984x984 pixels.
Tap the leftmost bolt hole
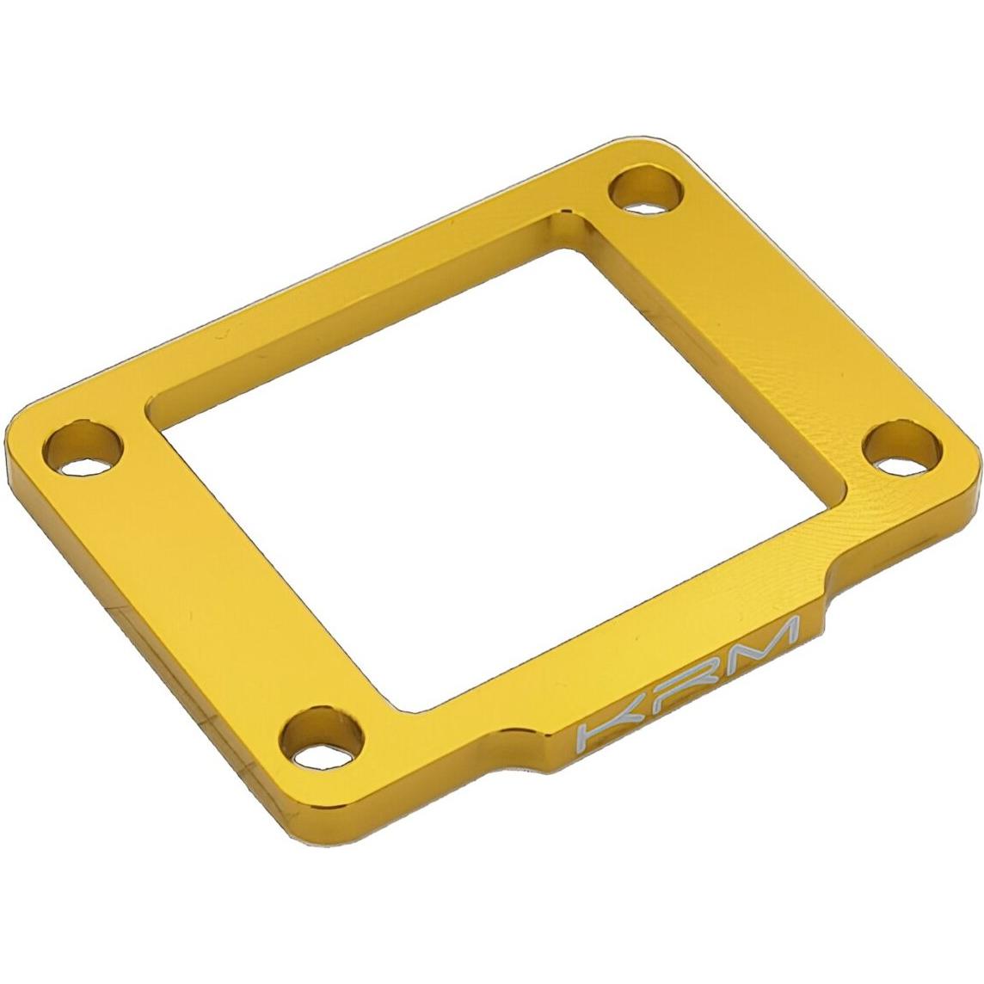[x=84, y=448]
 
